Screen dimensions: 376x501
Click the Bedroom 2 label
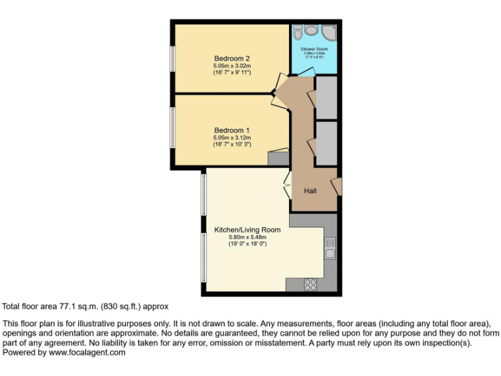tap(232, 59)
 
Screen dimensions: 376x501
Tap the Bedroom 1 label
tap(232, 131)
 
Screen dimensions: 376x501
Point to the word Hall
tap(311, 191)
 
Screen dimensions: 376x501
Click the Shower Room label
tap(314, 49)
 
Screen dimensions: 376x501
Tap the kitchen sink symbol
tap(330, 247)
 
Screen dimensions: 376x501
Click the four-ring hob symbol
tap(311, 284)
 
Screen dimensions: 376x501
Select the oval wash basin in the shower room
tap(312, 31)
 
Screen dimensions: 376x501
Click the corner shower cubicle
tap(329, 33)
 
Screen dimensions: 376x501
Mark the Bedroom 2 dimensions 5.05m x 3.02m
tap(232, 66)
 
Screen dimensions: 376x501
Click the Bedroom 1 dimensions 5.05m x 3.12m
tap(232, 138)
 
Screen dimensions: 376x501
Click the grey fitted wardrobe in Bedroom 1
tap(279, 157)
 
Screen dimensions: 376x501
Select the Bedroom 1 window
tap(173, 127)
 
